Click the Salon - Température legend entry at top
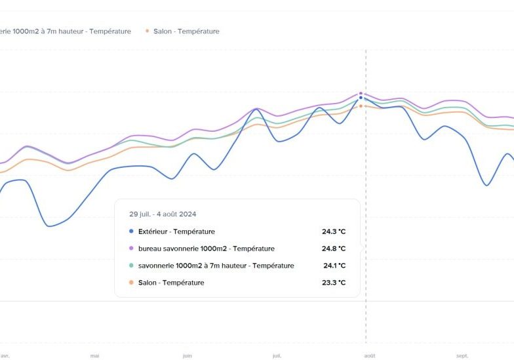tap(186, 31)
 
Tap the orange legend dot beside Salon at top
tap(148, 31)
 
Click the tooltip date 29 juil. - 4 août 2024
tap(163, 214)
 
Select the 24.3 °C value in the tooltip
tap(333, 231)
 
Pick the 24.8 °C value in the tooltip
tap(333, 249)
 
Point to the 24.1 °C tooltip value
tap(334, 266)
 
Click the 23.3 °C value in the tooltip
tap(333, 283)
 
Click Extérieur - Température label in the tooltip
tap(176, 231)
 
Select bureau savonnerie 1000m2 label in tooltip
tap(206, 249)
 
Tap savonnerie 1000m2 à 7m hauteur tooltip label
tap(216, 266)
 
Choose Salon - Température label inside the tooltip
tap(171, 283)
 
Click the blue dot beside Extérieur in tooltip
tap(131, 231)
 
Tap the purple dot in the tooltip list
tap(131, 249)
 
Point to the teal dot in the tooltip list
tap(131, 266)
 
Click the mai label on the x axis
tap(95, 356)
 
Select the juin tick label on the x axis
tap(188, 356)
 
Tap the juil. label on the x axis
tap(277, 356)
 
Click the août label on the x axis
tap(370, 356)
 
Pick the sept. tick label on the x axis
tap(462, 356)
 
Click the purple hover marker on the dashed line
tap(361, 94)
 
